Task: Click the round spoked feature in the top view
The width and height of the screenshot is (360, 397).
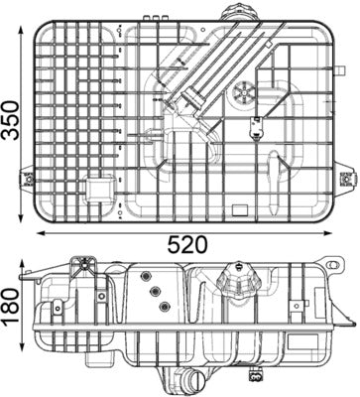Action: [244, 95]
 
